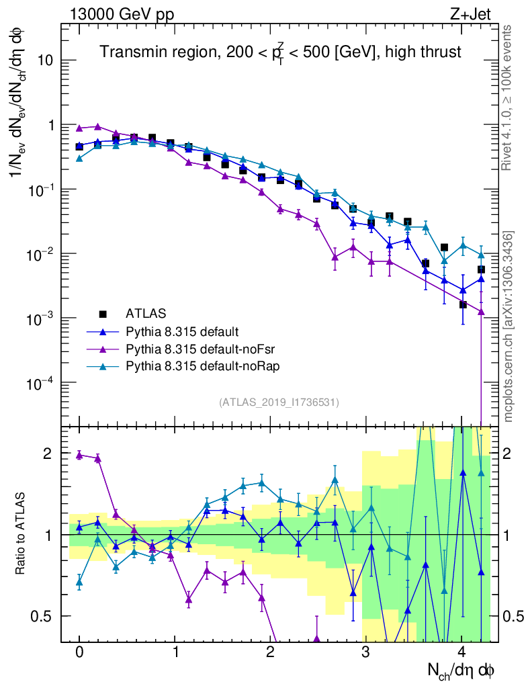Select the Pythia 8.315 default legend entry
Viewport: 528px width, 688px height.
coord(182,331)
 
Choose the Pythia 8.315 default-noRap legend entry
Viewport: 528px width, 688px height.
coord(195,366)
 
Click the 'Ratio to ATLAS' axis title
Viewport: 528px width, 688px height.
coord(21,534)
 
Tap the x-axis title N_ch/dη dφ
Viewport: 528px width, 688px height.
coord(461,670)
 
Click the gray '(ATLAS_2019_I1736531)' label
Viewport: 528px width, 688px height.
coord(279,402)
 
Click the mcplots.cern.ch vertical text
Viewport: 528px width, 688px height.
coord(509,326)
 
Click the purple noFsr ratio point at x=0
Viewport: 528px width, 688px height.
coord(79,455)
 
